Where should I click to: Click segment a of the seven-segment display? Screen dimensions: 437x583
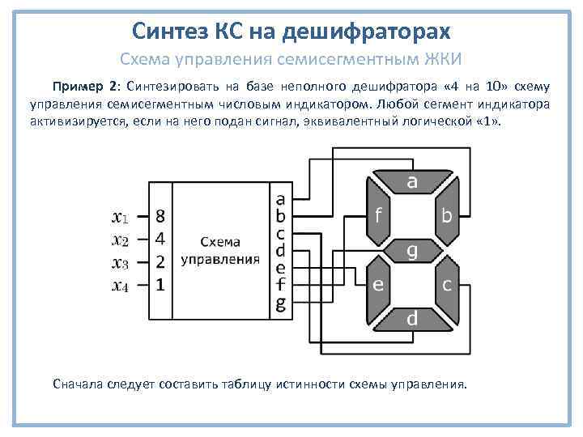click(x=412, y=183)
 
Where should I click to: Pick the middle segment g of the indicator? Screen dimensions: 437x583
click(x=412, y=252)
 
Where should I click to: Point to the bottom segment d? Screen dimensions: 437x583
click(x=412, y=320)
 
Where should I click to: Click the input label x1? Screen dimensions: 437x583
click(x=119, y=217)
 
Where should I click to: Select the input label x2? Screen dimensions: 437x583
click(x=119, y=240)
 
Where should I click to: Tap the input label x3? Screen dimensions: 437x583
click(x=119, y=262)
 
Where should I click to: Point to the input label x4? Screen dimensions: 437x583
click(x=119, y=285)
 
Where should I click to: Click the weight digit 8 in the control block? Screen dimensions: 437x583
click(x=160, y=217)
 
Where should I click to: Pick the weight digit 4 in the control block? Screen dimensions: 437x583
click(x=160, y=240)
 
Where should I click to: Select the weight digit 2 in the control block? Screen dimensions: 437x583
click(x=160, y=262)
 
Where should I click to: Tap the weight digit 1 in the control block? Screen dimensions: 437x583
click(x=160, y=285)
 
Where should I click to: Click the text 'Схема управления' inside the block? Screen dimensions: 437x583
click(x=220, y=251)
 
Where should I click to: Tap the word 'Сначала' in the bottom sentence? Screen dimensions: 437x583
click(x=79, y=384)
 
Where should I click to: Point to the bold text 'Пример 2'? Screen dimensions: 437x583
click(x=84, y=87)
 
